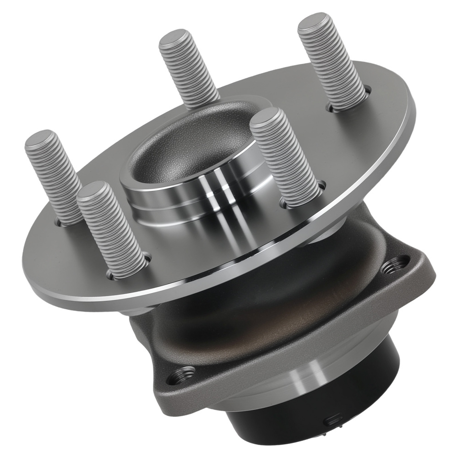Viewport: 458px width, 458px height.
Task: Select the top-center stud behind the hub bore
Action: [x=189, y=66]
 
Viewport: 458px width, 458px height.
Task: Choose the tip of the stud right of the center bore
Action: [x=265, y=116]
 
